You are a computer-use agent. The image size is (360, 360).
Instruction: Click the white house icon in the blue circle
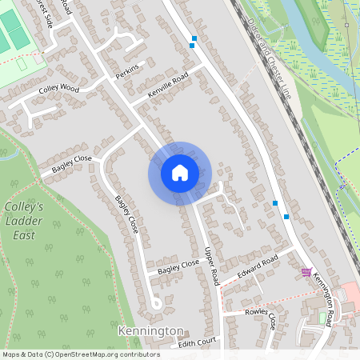click(x=179, y=173)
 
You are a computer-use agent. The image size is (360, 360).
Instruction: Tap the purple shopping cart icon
click(x=306, y=272)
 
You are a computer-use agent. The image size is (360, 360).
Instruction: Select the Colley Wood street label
click(x=58, y=88)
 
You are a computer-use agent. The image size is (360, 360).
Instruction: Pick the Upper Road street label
click(x=212, y=266)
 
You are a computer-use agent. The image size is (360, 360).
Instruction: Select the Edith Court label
click(x=198, y=343)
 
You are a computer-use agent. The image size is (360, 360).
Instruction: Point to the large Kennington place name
click(x=150, y=330)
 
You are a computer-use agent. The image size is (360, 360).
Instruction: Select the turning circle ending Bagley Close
click(x=158, y=303)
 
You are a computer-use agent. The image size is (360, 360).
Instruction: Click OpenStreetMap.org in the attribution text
click(x=95, y=354)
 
